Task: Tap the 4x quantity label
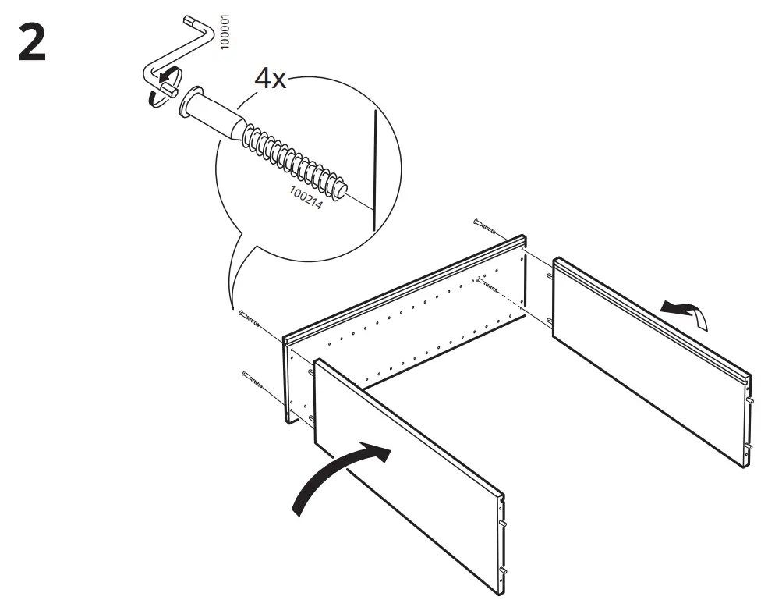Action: (271, 79)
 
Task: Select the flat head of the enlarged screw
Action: (186, 105)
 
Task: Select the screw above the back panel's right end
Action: (487, 226)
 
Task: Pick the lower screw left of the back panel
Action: (254, 380)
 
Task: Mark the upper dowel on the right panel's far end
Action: (550, 275)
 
